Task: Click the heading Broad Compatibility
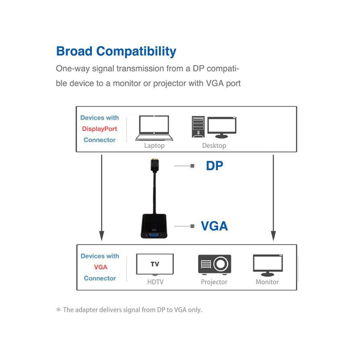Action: click(x=116, y=51)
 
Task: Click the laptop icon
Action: click(x=154, y=128)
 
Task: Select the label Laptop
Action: click(x=154, y=146)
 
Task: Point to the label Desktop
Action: click(x=214, y=146)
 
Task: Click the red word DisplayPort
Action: click(x=99, y=129)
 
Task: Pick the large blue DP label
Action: click(x=215, y=166)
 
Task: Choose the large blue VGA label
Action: click(x=214, y=226)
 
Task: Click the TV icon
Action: click(x=154, y=265)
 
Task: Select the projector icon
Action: click(x=214, y=264)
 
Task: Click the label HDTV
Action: click(x=155, y=282)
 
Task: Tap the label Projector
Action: click(x=214, y=282)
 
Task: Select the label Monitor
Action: click(x=267, y=282)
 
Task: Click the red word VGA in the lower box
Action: click(x=100, y=267)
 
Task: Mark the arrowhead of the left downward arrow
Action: click(x=101, y=235)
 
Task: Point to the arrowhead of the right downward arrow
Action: click(x=273, y=235)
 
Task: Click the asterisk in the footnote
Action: click(x=58, y=310)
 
